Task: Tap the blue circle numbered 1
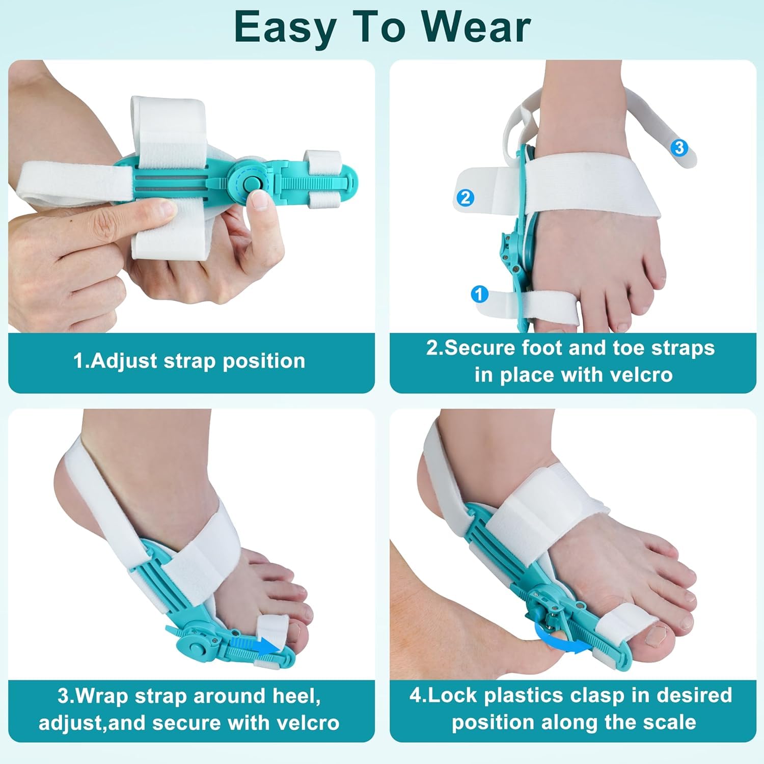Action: [479, 294]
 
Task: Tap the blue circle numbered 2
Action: [466, 197]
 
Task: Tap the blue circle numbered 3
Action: [679, 148]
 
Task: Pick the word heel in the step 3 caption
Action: [295, 696]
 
